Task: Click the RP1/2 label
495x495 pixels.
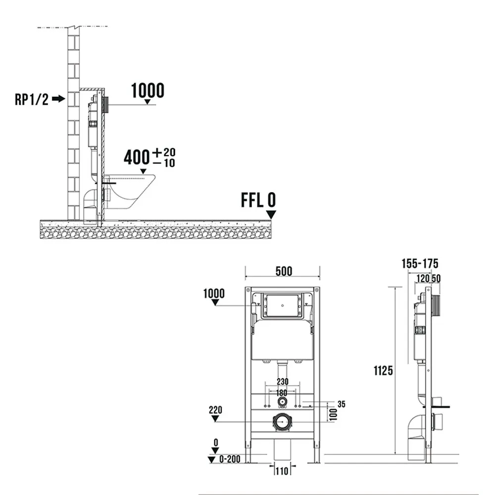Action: [32, 99]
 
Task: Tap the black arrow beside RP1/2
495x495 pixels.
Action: [58, 99]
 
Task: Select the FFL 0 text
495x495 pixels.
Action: [258, 200]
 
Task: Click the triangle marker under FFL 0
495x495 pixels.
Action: [271, 215]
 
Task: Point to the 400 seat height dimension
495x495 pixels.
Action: [137, 157]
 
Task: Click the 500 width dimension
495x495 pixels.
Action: [284, 271]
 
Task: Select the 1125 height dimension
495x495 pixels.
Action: [383, 371]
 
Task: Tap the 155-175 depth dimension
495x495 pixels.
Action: [420, 264]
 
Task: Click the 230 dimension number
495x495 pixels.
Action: [283, 382]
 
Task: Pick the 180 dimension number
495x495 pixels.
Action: [282, 393]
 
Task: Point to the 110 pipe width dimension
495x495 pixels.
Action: [282, 471]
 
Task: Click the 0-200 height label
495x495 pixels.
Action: [230, 459]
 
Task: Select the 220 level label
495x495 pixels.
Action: [215, 410]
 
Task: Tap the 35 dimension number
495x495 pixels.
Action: [341, 404]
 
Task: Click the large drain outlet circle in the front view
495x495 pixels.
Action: [282, 422]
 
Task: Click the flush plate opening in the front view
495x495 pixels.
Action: [283, 305]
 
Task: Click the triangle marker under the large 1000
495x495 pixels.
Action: [147, 101]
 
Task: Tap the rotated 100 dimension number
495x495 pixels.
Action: [333, 414]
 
